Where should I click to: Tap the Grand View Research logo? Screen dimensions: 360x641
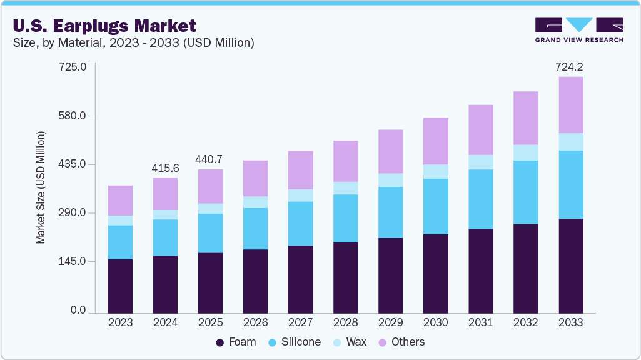578,30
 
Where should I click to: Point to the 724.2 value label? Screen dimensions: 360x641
570,66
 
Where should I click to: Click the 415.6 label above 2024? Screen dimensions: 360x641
165,168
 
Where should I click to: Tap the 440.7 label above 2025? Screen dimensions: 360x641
210,159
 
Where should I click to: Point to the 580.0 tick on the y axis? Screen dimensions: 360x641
73,116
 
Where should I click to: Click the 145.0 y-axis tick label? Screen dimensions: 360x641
73,261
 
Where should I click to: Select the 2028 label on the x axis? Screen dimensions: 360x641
345,323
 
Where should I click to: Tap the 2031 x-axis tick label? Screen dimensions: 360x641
480,323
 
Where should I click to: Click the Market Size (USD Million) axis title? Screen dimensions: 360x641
41,187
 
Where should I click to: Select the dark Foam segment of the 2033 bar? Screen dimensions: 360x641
570,266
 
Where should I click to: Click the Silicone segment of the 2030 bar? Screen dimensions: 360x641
435,206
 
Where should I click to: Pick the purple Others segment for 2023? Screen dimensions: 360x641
120,200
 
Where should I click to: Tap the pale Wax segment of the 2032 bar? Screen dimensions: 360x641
525,152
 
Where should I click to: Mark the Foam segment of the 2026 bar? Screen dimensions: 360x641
255,281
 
